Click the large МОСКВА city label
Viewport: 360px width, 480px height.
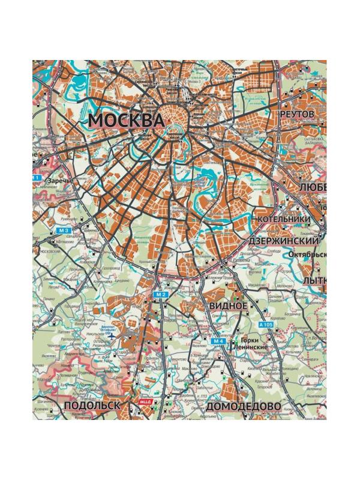pos(126,120)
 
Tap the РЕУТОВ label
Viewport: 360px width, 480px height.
pos(297,113)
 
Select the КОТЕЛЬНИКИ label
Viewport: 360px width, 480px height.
pos(284,219)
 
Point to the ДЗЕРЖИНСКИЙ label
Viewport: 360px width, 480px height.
pos(283,240)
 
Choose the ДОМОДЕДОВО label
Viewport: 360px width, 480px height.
pos(243,406)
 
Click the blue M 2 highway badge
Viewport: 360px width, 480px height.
pos(160,295)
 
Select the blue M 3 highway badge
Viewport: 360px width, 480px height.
pos(64,230)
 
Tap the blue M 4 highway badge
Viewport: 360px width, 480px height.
pos(219,341)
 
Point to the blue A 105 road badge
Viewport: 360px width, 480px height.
pos(265,325)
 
